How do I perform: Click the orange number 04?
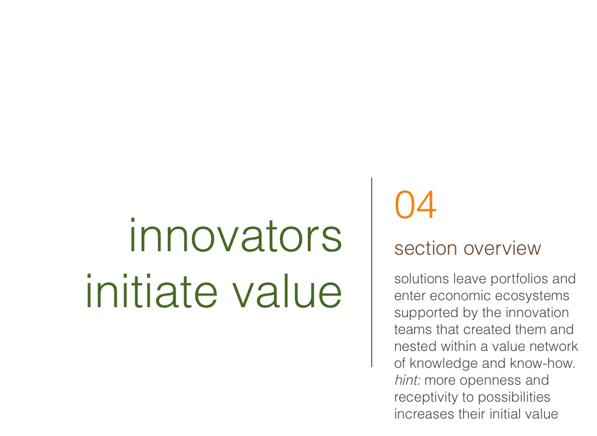(x=415, y=205)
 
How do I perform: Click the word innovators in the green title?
(x=236, y=236)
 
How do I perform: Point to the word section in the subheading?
(x=426, y=249)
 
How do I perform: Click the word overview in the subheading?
(x=502, y=249)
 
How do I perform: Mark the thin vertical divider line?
(x=371, y=273)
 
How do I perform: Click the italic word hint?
(x=408, y=380)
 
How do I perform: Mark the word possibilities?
(x=514, y=398)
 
